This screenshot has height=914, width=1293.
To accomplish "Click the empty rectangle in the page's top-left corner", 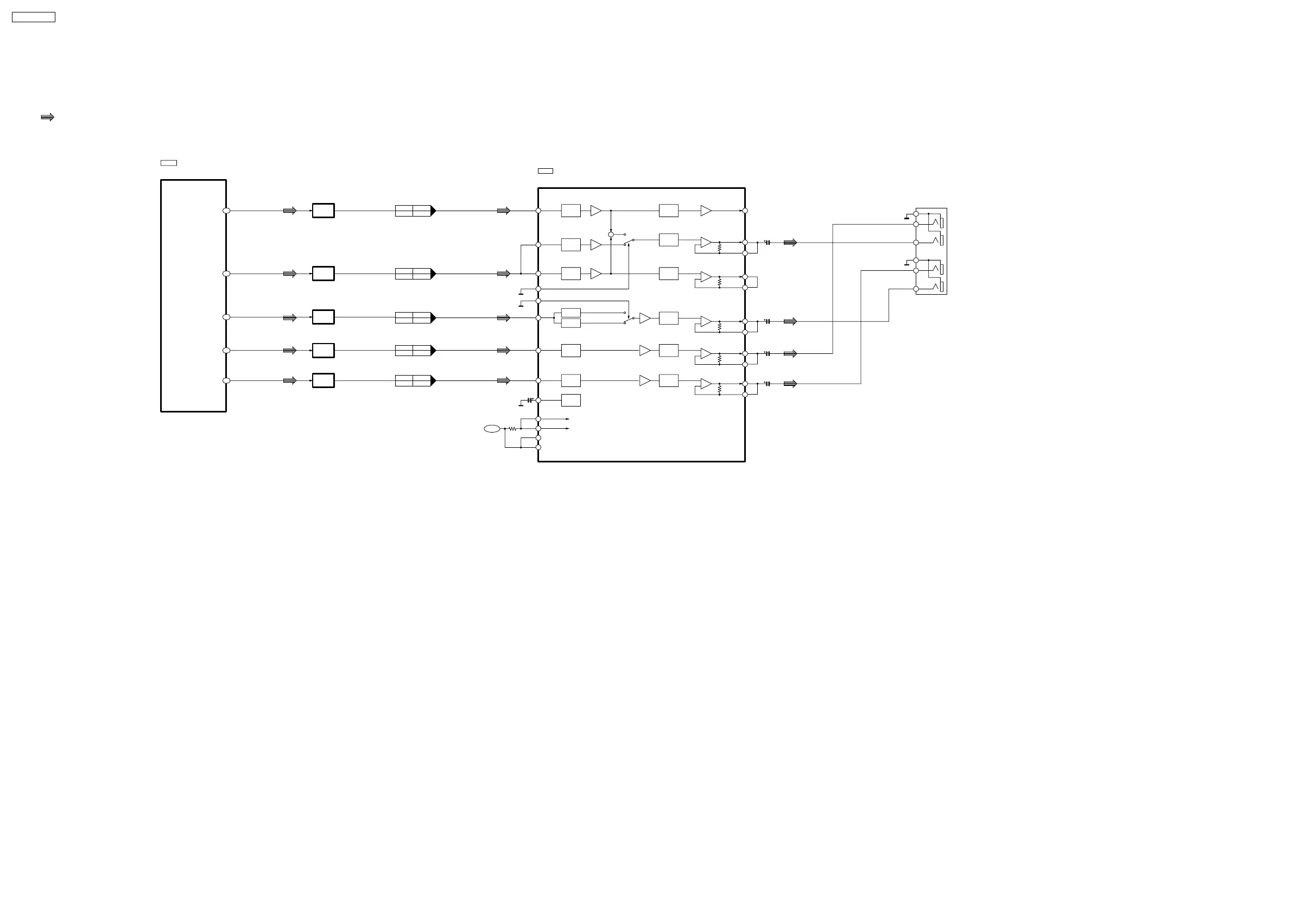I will [33, 17].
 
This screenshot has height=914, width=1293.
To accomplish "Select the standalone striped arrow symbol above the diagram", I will [48, 117].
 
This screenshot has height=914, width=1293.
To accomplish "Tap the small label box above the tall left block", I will [168, 163].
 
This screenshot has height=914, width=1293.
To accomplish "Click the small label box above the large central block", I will [545, 171].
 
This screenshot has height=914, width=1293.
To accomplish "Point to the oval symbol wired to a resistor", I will [492, 429].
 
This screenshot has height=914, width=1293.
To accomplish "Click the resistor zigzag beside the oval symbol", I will [512, 429].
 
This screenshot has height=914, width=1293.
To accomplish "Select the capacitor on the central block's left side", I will [530, 401].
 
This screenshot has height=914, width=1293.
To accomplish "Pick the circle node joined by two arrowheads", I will [611, 234].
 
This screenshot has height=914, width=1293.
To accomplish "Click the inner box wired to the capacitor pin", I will [571, 401].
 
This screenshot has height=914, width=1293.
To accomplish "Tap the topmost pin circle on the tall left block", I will [226, 211].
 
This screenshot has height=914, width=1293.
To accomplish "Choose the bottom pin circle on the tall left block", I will [226, 380].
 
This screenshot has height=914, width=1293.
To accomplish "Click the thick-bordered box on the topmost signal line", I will [324, 211].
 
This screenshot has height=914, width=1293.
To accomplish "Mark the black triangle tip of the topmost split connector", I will [434, 211].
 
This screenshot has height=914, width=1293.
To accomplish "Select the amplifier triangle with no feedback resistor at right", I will [706, 211].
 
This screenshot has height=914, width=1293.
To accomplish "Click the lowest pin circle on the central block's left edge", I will [538, 447].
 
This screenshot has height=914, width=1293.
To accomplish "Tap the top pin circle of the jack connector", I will [916, 214].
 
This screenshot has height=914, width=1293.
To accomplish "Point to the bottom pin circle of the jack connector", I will [916, 289].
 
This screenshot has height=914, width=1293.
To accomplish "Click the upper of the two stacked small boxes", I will [571, 313].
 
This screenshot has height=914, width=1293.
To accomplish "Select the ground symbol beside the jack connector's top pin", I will [907, 218].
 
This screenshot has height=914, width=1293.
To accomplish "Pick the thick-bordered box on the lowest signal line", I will [324, 380].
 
